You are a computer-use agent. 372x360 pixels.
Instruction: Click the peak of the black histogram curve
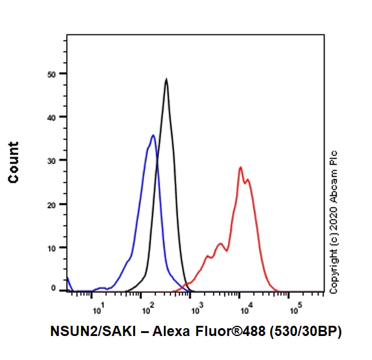click(166, 79)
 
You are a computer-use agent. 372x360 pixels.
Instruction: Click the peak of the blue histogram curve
click(154, 136)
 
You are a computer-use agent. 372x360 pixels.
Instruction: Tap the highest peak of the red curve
click(240, 167)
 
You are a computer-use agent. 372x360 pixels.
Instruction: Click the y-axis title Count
click(13, 162)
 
